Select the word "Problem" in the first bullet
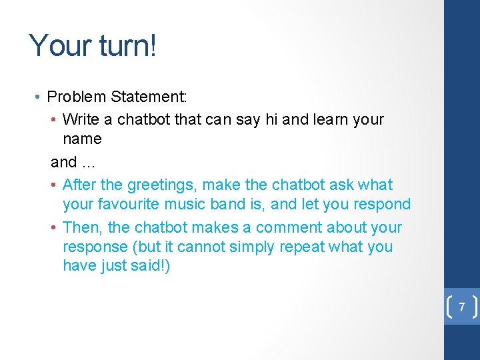coord(77,97)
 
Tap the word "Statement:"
coord(149,97)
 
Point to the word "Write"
coord(80,120)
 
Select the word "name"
coord(82,139)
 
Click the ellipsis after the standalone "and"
coord(89,162)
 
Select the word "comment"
coord(287,227)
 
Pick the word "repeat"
coord(303,247)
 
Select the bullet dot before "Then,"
coord(53,227)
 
